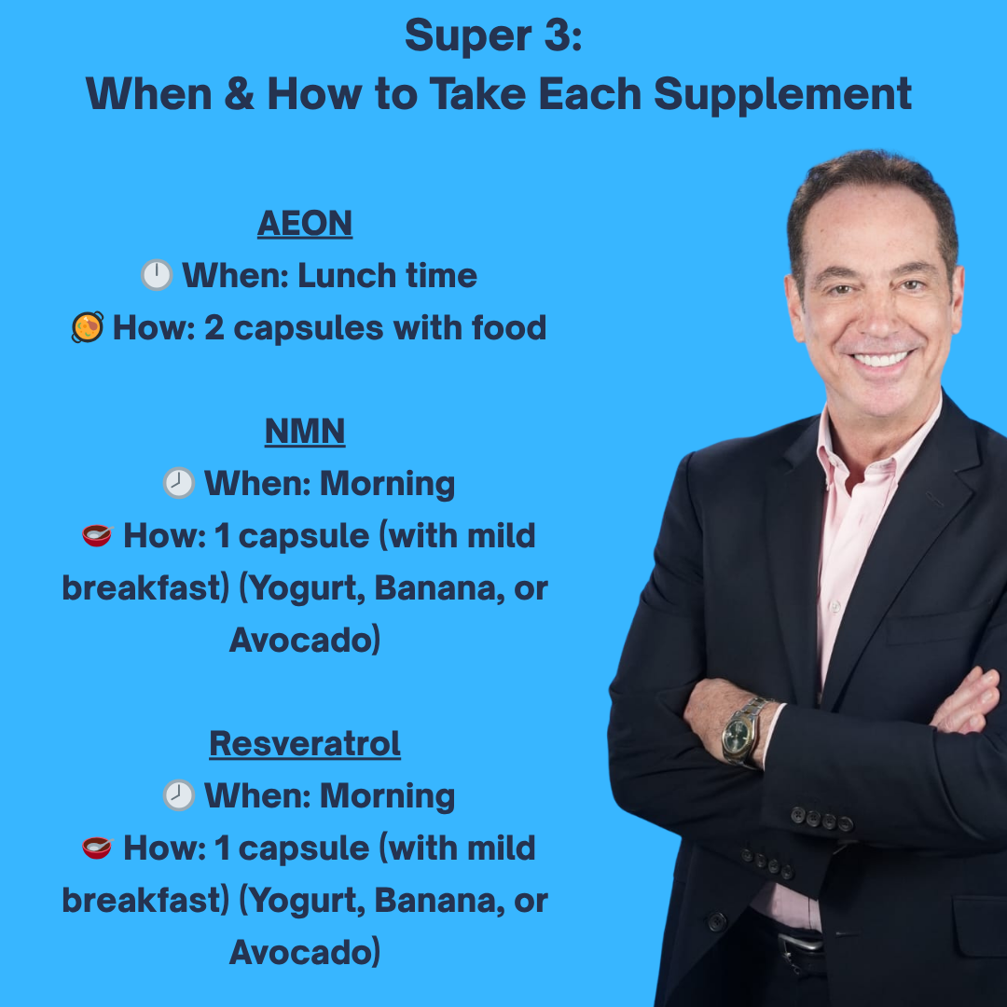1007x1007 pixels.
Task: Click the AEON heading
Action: pyautogui.click(x=305, y=224)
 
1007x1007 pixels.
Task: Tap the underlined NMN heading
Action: pyautogui.click(x=305, y=432)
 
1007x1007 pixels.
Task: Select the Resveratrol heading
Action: pyautogui.click(x=305, y=744)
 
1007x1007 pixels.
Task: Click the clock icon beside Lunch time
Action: pyautogui.click(x=157, y=275)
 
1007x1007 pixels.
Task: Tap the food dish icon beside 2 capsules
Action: pyautogui.click(x=88, y=327)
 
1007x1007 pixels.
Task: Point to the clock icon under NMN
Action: pyautogui.click(x=179, y=483)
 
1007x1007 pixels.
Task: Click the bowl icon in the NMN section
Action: pyautogui.click(x=97, y=535)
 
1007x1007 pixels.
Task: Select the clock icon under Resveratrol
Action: pyautogui.click(x=179, y=795)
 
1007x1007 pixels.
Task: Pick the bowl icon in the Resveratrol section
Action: pyautogui.click(x=97, y=848)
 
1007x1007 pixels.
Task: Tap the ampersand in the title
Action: pyautogui.click(x=239, y=93)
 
